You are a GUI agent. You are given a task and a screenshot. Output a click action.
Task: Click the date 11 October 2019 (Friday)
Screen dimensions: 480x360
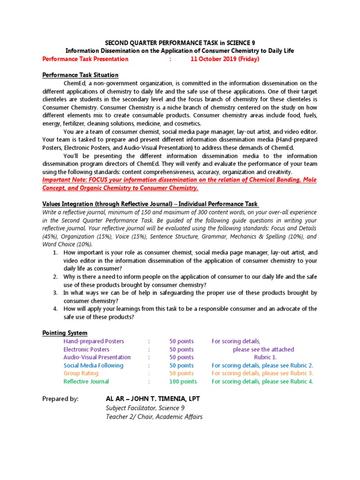(225, 59)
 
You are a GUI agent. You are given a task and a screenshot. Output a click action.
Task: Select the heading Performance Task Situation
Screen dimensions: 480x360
(80, 75)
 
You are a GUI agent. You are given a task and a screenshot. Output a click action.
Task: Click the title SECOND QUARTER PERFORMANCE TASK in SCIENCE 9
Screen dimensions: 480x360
(180, 43)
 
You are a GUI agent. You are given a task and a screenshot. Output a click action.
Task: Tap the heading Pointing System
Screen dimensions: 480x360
(65, 333)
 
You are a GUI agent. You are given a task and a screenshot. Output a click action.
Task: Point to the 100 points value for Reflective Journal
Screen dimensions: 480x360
(183, 382)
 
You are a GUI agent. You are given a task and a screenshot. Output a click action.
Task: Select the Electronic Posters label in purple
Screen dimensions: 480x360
(86, 349)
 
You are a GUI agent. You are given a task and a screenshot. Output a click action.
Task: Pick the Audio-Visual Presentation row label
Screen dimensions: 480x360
(97, 357)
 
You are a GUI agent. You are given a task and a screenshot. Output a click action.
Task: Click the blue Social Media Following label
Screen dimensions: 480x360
(93, 365)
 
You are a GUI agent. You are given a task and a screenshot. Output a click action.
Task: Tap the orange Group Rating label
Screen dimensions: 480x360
(81, 373)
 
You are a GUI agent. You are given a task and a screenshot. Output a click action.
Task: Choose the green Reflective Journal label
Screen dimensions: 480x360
(86, 382)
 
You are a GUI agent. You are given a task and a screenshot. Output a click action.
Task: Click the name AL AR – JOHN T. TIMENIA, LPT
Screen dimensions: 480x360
(153, 398)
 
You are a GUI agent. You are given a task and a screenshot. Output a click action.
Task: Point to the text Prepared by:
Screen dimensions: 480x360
(60, 398)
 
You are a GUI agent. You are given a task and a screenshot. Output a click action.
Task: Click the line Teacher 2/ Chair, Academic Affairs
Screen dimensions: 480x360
(154, 416)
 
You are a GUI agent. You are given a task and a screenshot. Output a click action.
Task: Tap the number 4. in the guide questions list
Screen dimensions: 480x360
(55, 309)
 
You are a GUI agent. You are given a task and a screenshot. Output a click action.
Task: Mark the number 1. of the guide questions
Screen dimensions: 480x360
(55, 253)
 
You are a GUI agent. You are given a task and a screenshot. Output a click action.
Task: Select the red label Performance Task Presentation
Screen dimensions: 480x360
(85, 59)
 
